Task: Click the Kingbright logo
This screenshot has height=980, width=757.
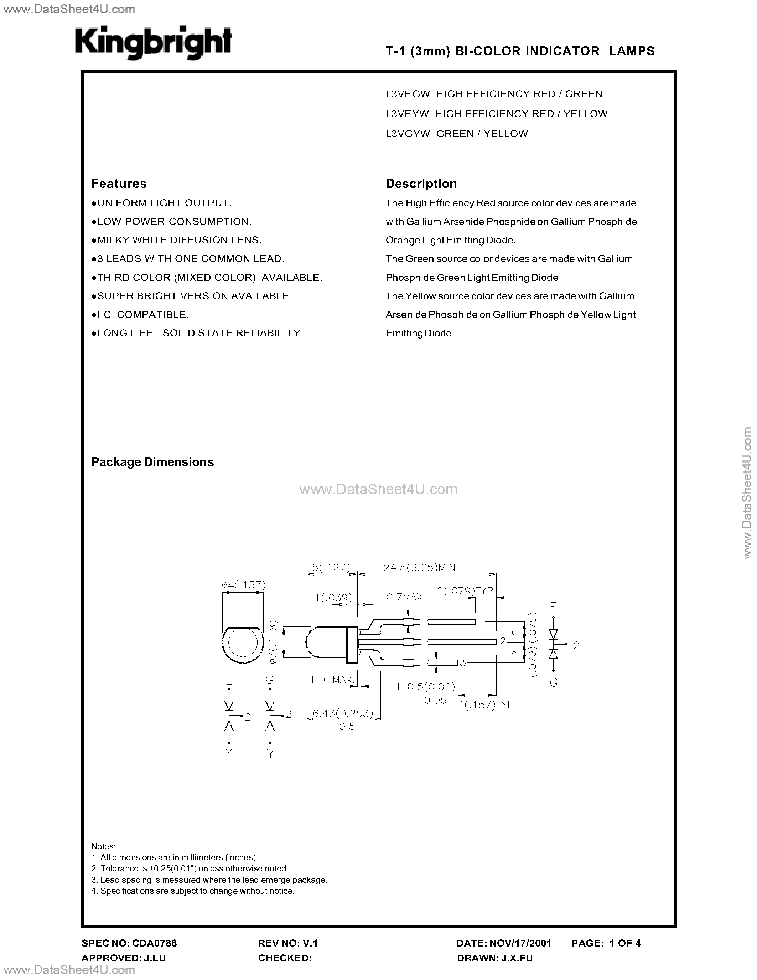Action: pos(154,43)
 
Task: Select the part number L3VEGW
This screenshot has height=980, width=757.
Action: pos(408,94)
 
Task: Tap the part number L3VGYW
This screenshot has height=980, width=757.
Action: pos(408,134)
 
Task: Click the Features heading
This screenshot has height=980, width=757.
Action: pos(119,184)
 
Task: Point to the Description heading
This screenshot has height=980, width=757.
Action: pos(421,184)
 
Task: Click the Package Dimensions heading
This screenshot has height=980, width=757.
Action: pos(152,462)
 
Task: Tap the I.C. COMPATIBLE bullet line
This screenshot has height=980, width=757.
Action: pos(140,315)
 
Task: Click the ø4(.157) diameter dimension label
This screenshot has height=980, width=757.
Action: pos(244,585)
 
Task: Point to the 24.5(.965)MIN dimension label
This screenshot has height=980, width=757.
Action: pos(419,568)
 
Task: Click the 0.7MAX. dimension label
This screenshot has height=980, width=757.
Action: pos(405,597)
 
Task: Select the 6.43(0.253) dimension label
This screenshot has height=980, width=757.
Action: pos(343,713)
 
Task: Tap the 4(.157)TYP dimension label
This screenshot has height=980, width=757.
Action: pos(486,705)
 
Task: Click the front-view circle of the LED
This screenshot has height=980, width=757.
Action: pos(243,644)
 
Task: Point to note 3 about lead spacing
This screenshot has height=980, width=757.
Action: pos(209,880)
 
